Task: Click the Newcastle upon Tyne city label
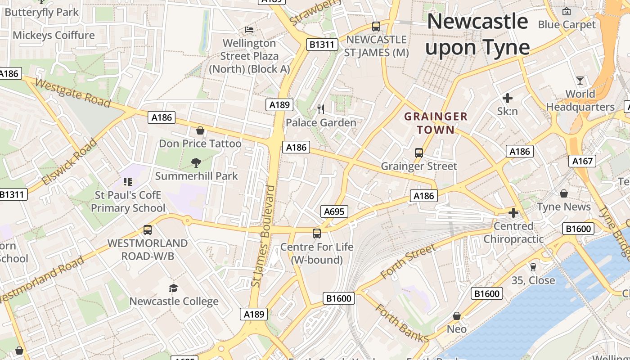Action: (477, 34)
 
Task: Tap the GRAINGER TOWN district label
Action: (436, 123)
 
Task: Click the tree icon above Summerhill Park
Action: (196, 162)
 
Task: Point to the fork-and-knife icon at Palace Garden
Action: (321, 109)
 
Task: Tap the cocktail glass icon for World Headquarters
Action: (580, 81)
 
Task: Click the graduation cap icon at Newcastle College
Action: (173, 288)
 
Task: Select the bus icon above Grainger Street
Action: (419, 153)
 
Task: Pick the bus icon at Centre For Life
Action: (317, 234)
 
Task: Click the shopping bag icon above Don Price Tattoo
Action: (200, 130)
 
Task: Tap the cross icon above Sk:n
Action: (508, 98)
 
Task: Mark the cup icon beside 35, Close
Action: (533, 267)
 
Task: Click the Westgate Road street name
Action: (72, 93)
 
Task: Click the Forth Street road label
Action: (408, 261)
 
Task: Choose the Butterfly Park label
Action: (41, 12)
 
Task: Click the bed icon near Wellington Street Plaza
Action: (249, 30)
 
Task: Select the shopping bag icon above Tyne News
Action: (563, 193)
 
